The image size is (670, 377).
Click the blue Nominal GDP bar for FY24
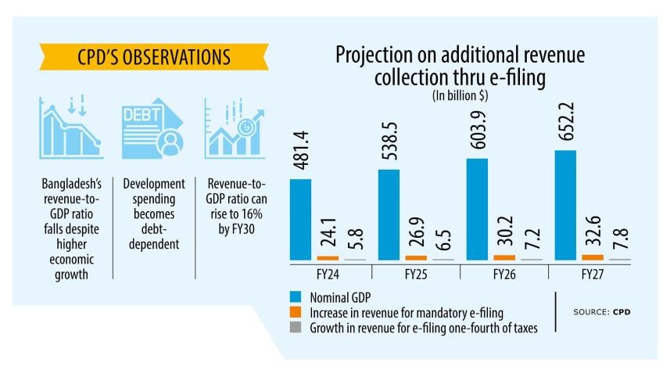300,219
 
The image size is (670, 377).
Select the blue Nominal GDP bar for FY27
565,205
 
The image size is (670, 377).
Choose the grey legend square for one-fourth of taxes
295,328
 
